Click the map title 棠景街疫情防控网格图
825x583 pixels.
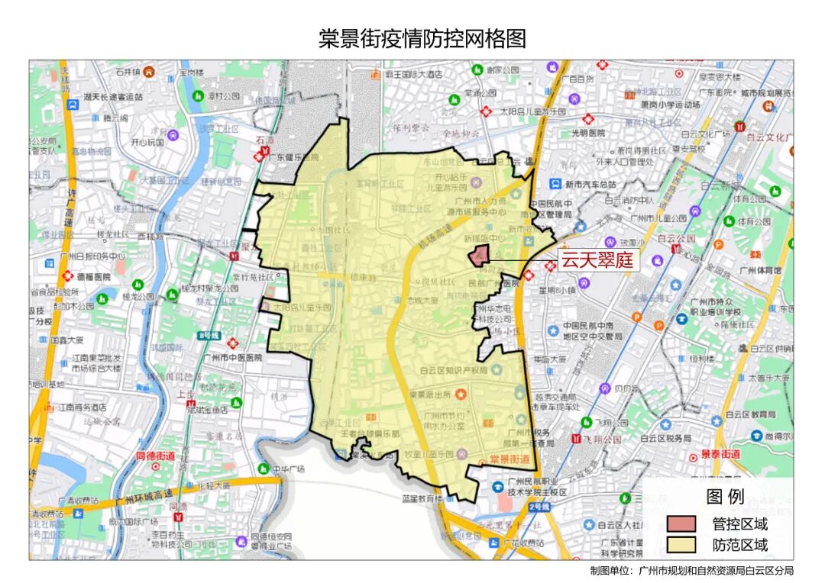[422, 38]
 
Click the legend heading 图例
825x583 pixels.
[725, 498]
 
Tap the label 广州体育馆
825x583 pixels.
[760, 270]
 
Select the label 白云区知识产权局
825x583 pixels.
[454, 371]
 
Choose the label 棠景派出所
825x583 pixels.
[432, 394]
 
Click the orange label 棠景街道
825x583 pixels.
[510, 459]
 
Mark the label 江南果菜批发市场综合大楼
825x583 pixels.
[86, 363]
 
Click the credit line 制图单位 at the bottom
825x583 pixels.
[691, 570]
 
